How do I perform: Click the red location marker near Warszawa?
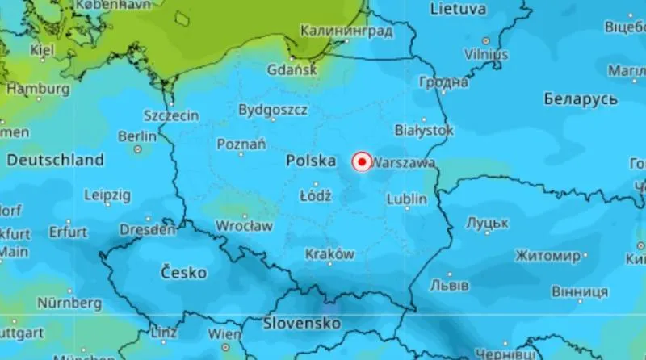click(x=362, y=162)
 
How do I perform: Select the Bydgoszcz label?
click(x=273, y=109)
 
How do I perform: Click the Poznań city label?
click(x=241, y=144)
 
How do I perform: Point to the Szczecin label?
click(x=170, y=115)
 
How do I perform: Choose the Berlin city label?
click(x=137, y=137)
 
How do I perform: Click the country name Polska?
click(x=311, y=161)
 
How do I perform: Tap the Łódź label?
click(x=315, y=196)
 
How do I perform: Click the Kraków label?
click(x=329, y=254)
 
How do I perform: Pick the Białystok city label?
click(x=424, y=130)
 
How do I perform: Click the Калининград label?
click(x=346, y=31)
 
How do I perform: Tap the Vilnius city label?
click(x=486, y=54)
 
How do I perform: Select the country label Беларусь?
click(x=581, y=99)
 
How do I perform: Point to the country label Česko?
click(x=183, y=271)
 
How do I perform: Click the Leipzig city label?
click(x=107, y=195)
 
